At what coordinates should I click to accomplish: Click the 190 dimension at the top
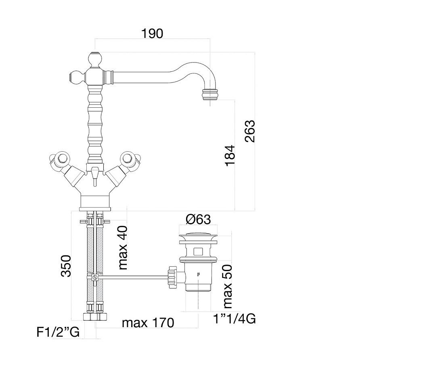pyautogui.click(x=152, y=33)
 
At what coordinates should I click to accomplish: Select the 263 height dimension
pyautogui.click(x=250, y=131)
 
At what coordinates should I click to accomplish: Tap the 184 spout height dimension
pyautogui.click(x=230, y=155)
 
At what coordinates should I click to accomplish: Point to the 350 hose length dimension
pyautogui.click(x=66, y=266)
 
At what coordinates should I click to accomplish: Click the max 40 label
pyautogui.click(x=123, y=248)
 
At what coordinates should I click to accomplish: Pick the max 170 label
pyautogui.click(x=148, y=323)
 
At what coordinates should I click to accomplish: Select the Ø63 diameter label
pyautogui.click(x=198, y=219)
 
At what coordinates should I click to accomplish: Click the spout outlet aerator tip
pyautogui.click(x=210, y=94)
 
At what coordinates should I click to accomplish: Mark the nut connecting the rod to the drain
pyautogui.click(x=172, y=277)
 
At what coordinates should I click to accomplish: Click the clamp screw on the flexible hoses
pyautogui.click(x=95, y=277)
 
